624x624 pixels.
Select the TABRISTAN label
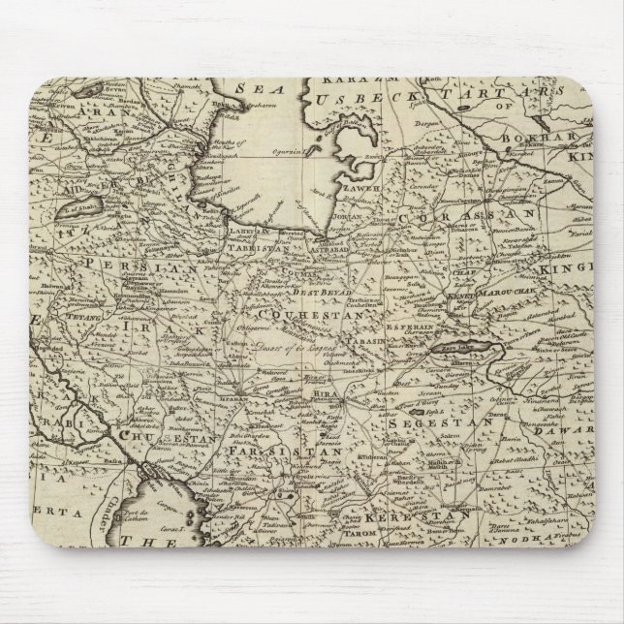pos(255,246)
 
